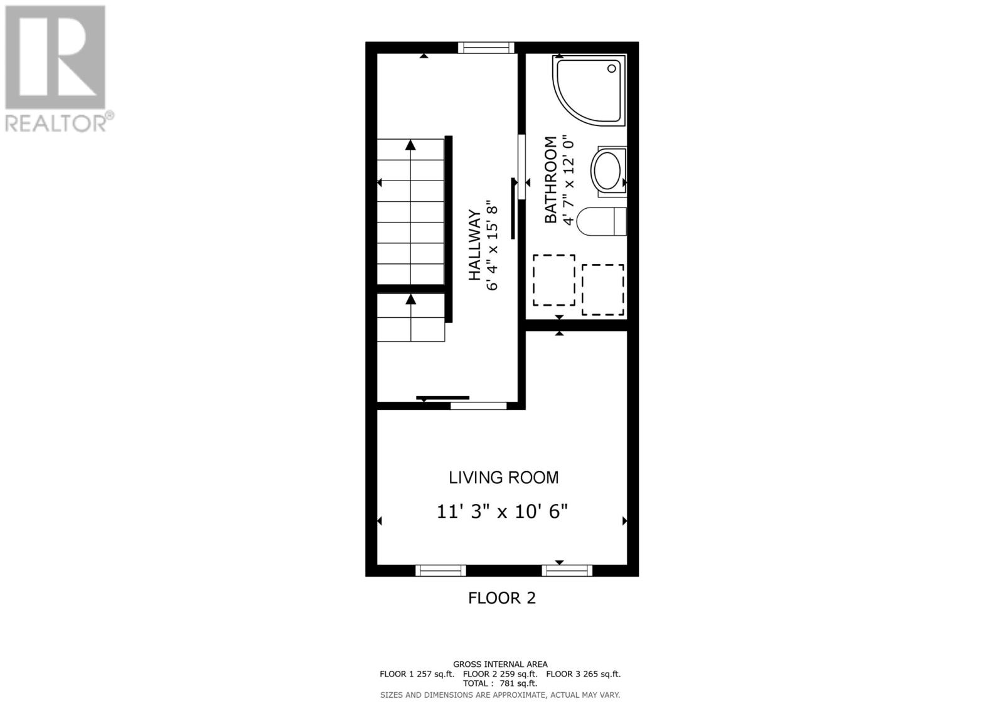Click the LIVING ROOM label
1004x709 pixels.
coord(503,478)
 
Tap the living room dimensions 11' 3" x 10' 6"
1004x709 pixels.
coord(502,512)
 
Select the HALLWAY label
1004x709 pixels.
coord(475,245)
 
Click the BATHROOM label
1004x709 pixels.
coord(550,180)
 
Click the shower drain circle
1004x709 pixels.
coord(611,70)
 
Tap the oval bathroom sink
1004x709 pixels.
coord(607,171)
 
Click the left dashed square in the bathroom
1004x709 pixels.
coord(554,280)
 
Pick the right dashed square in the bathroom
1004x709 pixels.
coord(602,290)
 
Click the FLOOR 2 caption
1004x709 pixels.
coord(502,598)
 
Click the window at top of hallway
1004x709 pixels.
coord(486,48)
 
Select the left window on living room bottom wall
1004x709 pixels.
coord(441,570)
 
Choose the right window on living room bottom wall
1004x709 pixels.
coord(567,570)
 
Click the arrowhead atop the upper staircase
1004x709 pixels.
coord(410,145)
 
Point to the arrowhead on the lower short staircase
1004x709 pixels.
coord(410,300)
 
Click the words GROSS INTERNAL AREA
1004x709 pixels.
coord(500,664)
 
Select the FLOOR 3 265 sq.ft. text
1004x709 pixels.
coord(583,674)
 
